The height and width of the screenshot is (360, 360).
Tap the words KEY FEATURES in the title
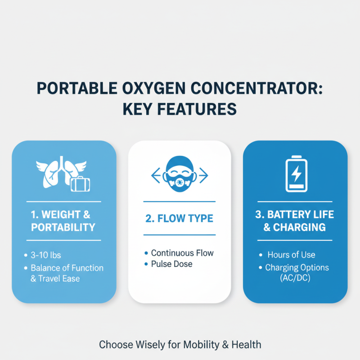180,109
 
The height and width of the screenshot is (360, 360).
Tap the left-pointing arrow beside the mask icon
156,175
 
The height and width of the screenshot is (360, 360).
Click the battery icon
296,174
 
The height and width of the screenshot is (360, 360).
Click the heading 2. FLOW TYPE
179,219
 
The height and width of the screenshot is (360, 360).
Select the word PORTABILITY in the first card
63,227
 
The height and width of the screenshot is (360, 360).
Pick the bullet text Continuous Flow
182,253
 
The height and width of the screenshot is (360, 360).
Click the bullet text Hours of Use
291,255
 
